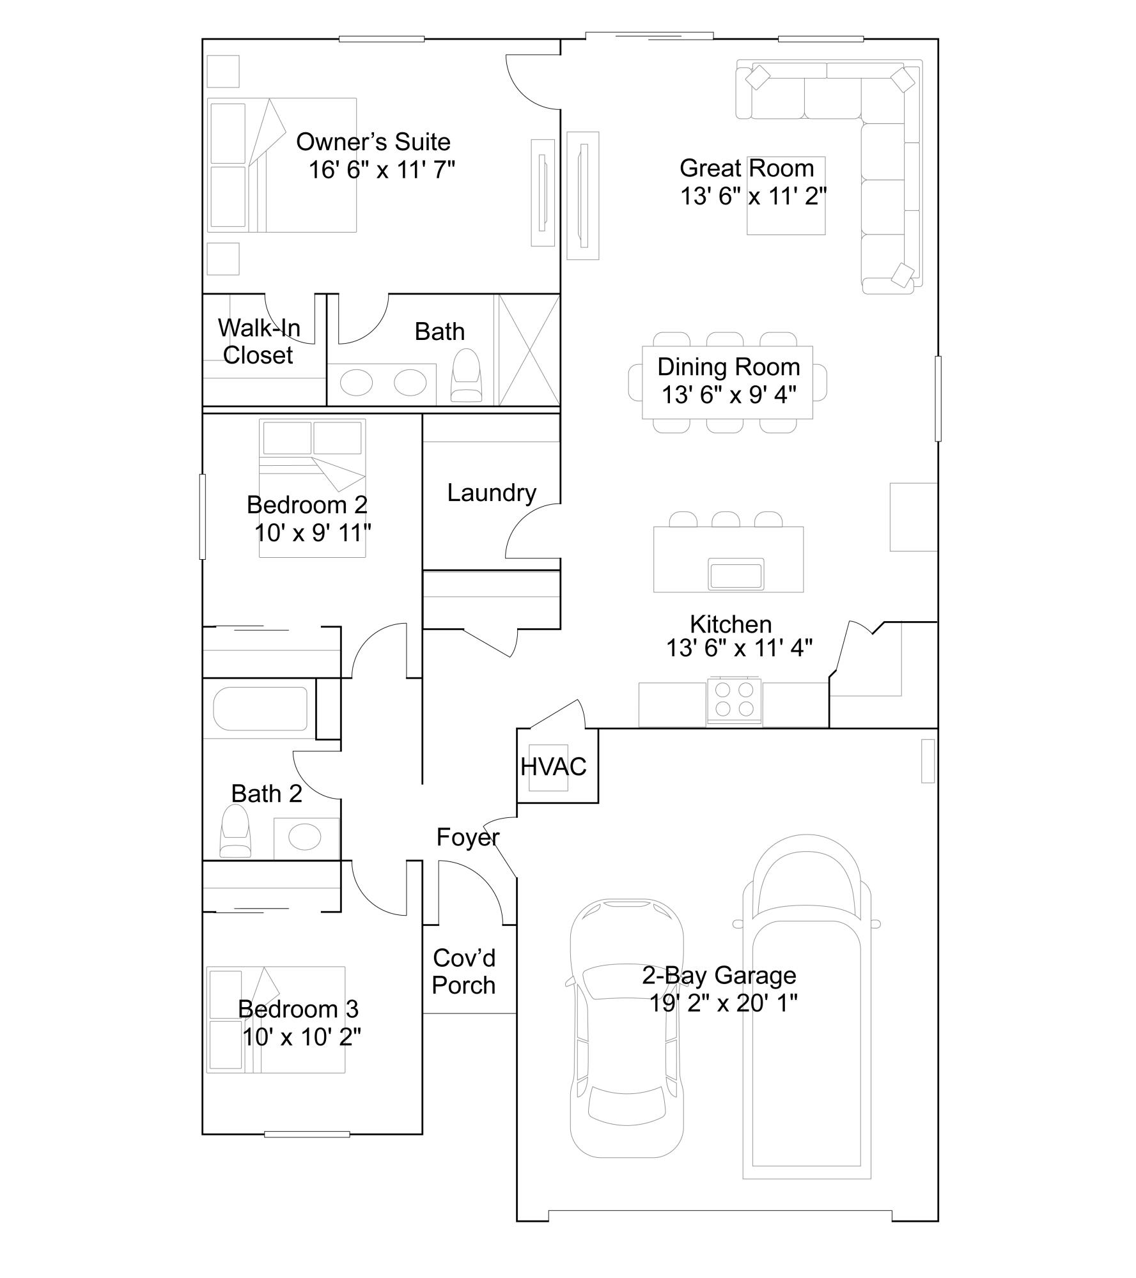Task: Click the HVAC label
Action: tap(553, 767)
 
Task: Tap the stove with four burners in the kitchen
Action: tap(734, 700)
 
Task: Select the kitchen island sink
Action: tap(735, 573)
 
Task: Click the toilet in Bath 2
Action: tap(235, 831)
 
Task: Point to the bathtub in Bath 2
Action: tap(260, 709)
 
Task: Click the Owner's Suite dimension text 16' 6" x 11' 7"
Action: tap(382, 171)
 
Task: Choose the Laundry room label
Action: tap(491, 493)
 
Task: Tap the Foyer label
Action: tap(467, 837)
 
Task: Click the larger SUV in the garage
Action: tap(806, 1010)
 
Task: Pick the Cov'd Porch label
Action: tap(463, 972)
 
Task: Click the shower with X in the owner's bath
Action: tap(529, 350)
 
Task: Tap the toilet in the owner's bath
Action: tap(466, 376)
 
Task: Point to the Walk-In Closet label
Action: tap(258, 342)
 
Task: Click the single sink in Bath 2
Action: tap(305, 836)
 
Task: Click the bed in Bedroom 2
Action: tap(312, 488)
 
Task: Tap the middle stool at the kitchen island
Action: tap(726, 519)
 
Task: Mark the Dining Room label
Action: tap(728, 367)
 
